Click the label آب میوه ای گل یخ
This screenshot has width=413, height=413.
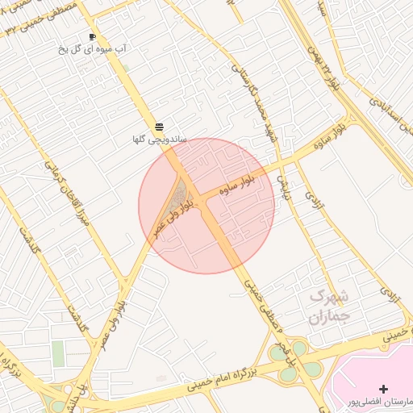tap(92, 49)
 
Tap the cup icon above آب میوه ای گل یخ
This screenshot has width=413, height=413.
tap(92, 36)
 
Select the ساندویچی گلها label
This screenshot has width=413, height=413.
tap(160, 140)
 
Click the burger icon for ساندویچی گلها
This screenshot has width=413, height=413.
tap(159, 127)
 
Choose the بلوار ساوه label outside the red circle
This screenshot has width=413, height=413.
tap(344, 132)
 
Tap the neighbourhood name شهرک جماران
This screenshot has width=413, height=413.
tap(326, 307)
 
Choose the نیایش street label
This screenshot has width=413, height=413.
tap(283, 186)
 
